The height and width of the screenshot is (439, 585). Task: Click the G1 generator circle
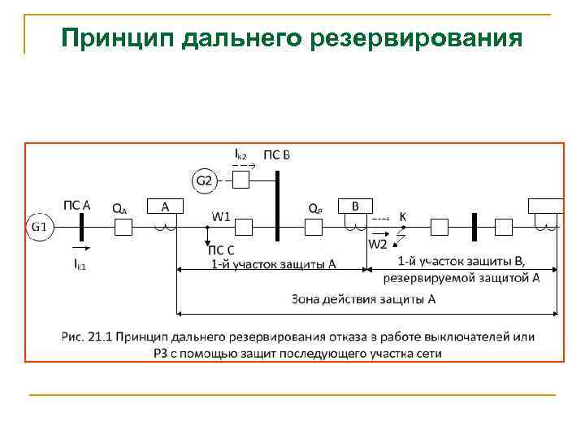coord(40,227)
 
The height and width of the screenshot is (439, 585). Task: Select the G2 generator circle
coord(203,180)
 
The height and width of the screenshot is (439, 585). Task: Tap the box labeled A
coord(166,206)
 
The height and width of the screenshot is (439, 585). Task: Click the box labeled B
coord(355,206)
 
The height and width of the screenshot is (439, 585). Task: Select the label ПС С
coord(222,250)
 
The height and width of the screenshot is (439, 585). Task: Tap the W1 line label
coord(222,216)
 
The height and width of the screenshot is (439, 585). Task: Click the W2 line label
coord(379,244)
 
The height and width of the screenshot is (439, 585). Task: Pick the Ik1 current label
coord(80,265)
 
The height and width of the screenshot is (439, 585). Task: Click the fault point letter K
coord(402,216)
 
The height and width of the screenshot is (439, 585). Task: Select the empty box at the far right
coord(545,206)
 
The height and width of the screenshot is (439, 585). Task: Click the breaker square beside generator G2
coord(240,180)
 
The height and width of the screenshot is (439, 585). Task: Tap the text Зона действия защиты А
coord(364,299)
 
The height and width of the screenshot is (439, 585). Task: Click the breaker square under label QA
coord(123,227)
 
